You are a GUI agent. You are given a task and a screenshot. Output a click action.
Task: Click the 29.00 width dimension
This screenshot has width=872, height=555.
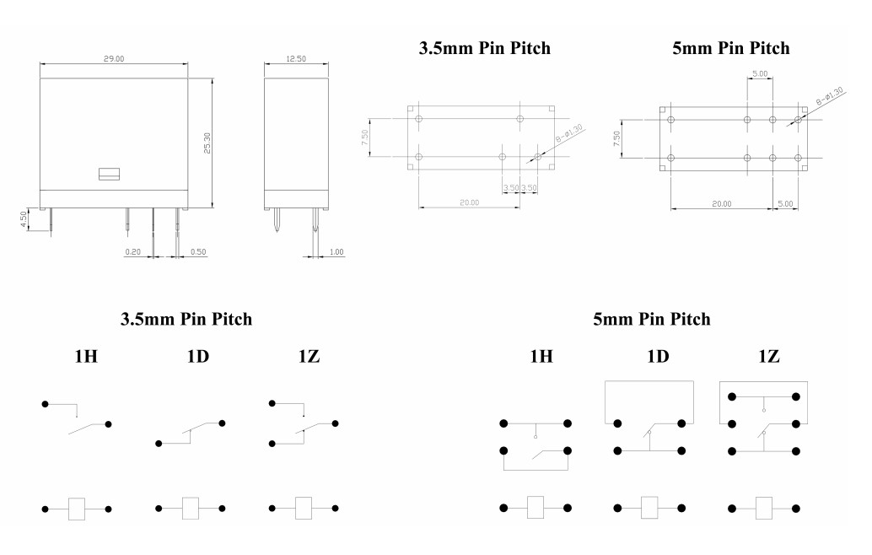114,58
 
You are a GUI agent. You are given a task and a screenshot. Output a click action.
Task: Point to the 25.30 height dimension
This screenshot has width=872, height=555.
207,143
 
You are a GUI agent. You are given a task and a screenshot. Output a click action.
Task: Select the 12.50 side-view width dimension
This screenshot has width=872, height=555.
296,58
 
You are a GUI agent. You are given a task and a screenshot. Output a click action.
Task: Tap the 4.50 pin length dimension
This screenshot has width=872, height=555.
24,218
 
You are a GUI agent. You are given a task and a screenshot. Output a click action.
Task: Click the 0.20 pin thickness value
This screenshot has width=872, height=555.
133,252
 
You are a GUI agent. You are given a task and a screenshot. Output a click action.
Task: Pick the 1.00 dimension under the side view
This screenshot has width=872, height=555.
336,252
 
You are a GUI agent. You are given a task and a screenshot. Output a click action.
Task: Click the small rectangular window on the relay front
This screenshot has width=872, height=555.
109,174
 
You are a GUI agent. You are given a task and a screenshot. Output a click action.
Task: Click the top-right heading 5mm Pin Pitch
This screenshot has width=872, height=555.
731,48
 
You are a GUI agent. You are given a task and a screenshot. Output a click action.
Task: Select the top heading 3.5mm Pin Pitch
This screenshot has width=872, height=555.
484,48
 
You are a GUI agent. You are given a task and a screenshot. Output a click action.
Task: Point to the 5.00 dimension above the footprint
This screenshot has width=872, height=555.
760,73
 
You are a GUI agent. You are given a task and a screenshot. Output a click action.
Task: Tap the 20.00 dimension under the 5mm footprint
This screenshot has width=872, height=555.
722,204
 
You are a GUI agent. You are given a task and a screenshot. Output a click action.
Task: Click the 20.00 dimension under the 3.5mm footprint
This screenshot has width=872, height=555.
470,202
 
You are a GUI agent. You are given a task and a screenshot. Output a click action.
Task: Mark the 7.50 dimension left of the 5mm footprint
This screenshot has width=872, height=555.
616,138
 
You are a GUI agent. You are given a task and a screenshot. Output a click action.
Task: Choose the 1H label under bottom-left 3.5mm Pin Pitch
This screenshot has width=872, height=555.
86,356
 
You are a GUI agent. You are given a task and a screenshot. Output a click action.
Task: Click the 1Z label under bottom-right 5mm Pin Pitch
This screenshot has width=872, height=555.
769,356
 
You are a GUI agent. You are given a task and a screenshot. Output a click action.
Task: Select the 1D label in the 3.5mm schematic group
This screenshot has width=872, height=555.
198,356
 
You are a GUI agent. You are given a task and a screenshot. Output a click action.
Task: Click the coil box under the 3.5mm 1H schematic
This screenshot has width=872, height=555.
77,509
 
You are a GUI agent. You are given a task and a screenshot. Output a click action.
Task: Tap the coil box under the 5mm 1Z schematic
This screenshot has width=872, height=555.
763,509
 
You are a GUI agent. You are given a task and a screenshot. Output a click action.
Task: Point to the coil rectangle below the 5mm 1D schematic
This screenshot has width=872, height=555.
649,508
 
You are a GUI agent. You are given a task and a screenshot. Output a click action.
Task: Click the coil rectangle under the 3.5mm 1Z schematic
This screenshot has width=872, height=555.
304,509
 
